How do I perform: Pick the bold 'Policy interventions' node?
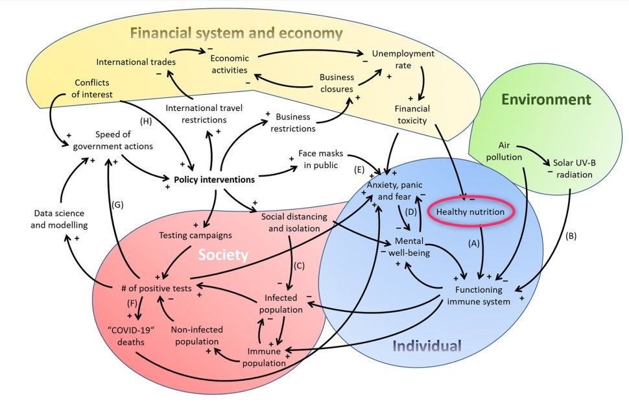(x=213, y=178)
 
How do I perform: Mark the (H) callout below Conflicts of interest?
(x=146, y=121)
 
